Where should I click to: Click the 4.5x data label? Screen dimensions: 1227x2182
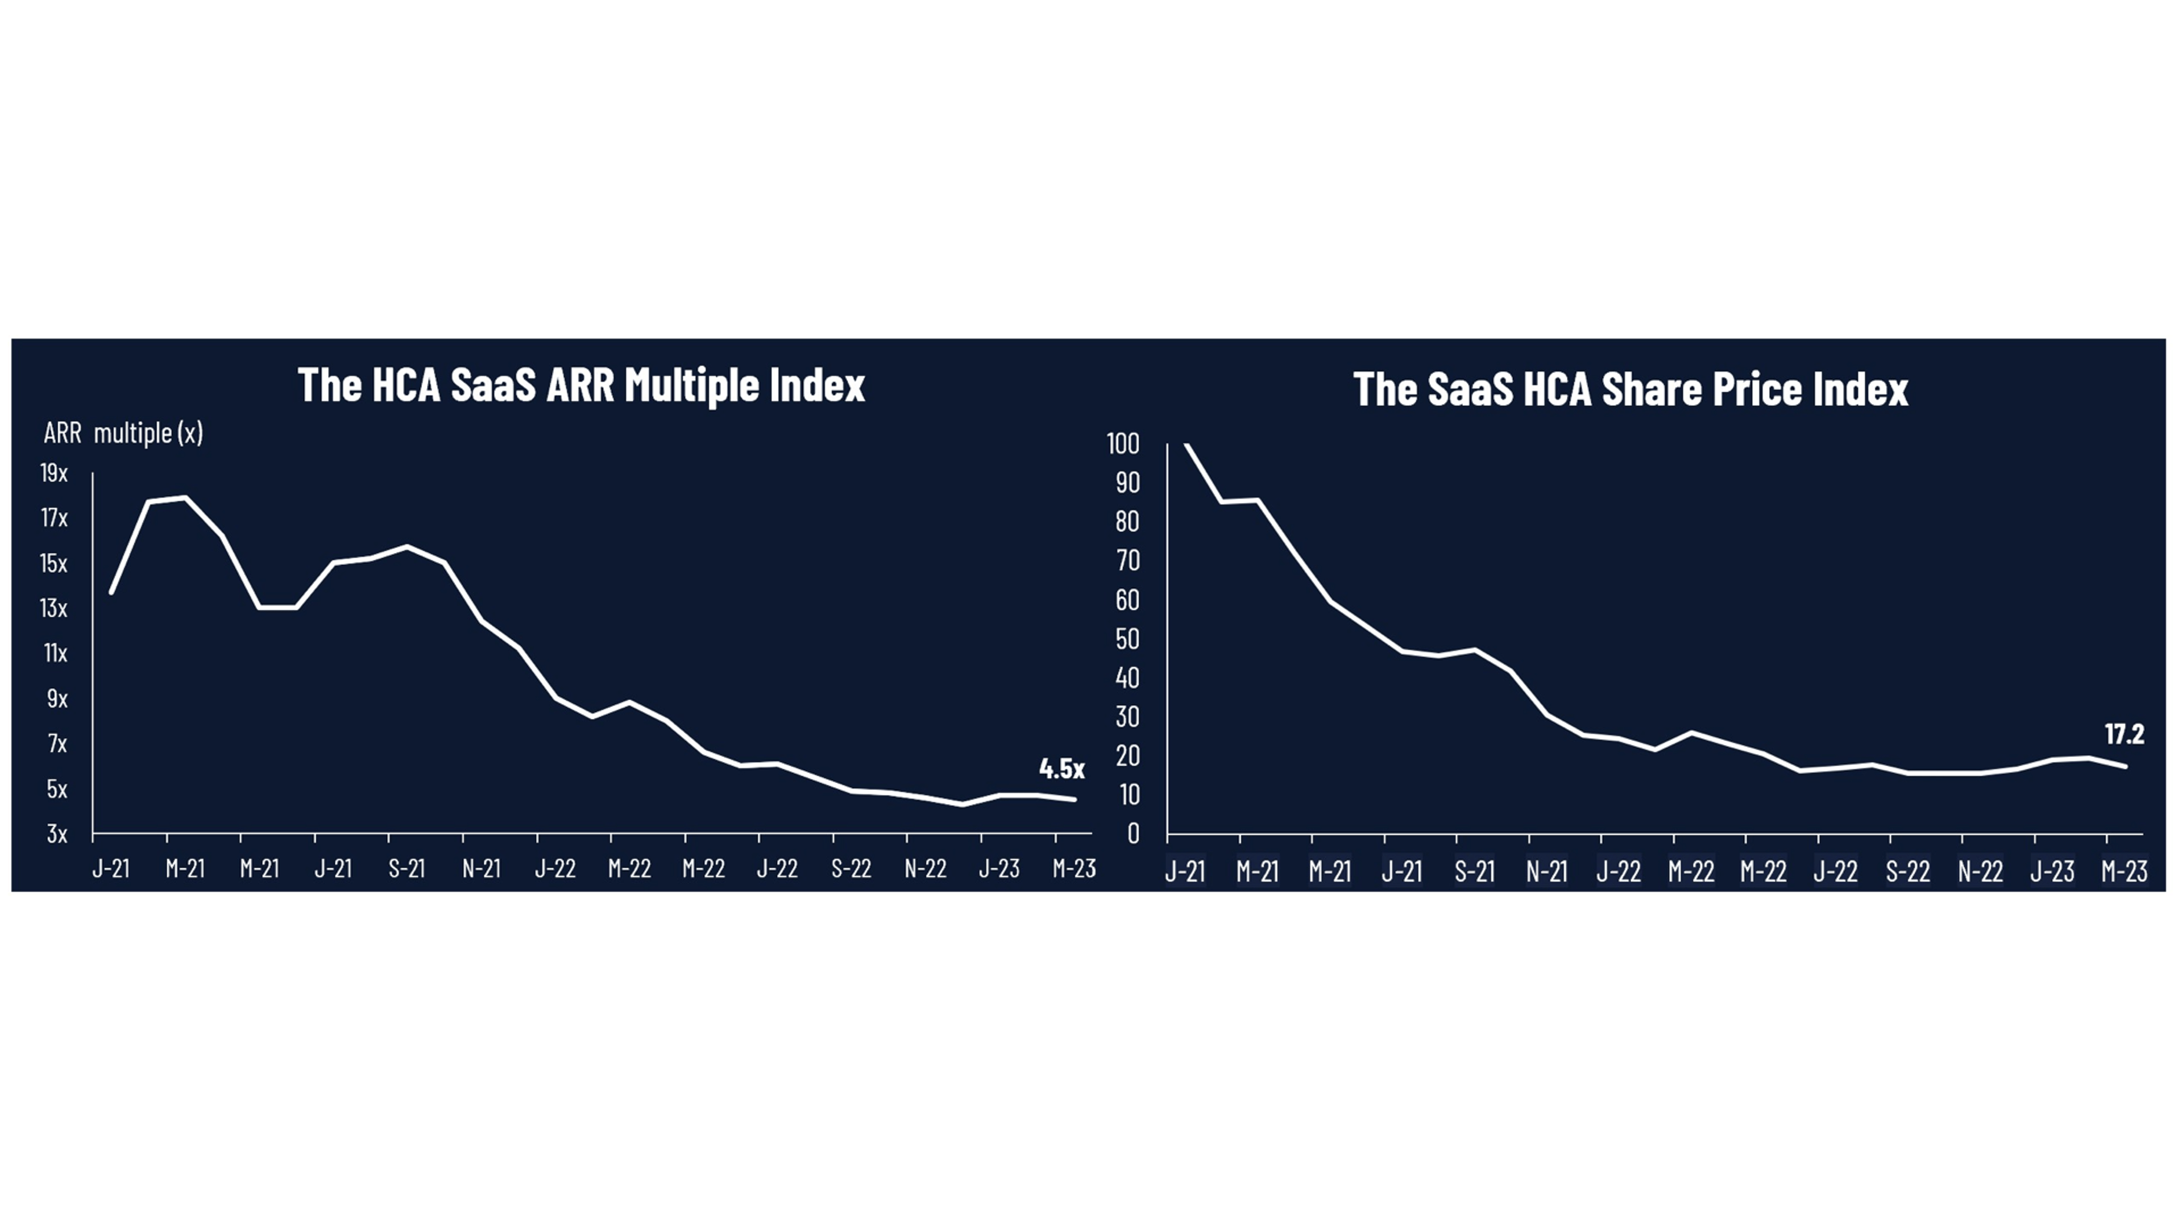(1061, 769)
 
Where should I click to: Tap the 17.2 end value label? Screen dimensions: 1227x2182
(2123, 734)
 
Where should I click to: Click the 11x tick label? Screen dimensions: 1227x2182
(55, 653)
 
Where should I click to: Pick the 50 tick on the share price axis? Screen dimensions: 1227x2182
(1127, 639)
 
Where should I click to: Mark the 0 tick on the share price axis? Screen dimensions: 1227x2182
(1133, 834)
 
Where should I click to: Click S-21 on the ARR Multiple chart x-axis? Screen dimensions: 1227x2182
(406, 869)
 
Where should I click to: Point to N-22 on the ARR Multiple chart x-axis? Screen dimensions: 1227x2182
(925, 869)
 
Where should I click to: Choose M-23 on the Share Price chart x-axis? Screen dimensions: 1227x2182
(2123, 871)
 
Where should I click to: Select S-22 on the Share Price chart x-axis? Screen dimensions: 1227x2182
(1907, 871)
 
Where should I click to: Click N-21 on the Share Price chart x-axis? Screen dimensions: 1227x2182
(1547, 871)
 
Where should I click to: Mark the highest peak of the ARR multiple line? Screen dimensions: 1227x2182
(185, 498)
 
